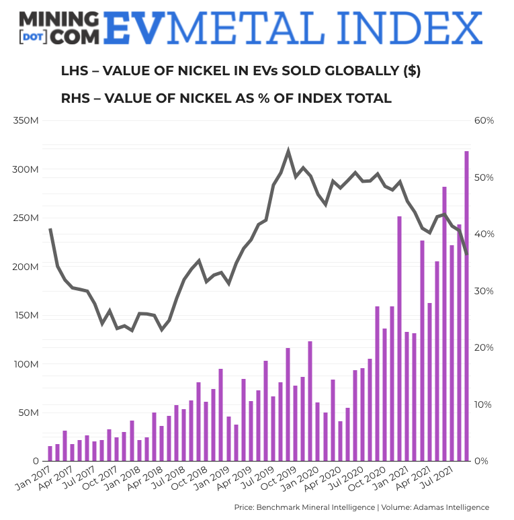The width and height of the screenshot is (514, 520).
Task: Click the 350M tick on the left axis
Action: click(26, 121)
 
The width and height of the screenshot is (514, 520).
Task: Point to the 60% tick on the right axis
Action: click(484, 121)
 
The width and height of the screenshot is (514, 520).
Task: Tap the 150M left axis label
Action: click(26, 316)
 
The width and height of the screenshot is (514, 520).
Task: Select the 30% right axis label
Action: click(484, 291)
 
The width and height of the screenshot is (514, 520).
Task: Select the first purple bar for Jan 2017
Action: click(50, 453)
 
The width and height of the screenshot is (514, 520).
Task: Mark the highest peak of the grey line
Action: click(288, 151)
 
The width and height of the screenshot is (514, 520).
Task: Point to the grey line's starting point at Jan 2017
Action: click(50, 230)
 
